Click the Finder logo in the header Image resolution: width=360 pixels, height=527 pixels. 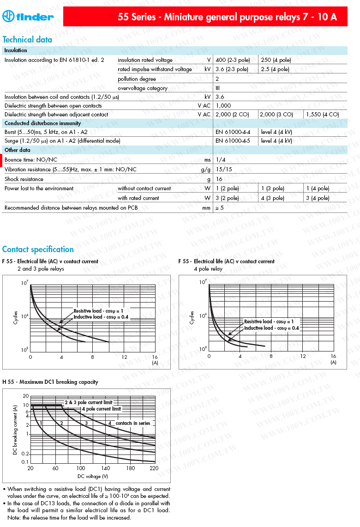click(x=28, y=17)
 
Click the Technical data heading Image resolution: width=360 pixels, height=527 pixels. click(x=27, y=40)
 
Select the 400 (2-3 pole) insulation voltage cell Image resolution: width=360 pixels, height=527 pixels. click(x=233, y=60)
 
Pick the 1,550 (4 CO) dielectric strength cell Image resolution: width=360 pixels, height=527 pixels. click(x=323, y=114)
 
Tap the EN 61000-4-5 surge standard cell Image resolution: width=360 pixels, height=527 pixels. click(x=233, y=141)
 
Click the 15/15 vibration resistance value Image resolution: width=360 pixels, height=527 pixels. click(x=224, y=170)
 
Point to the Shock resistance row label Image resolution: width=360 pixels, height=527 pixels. click(x=24, y=179)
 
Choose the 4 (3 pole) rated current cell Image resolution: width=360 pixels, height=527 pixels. click(x=273, y=198)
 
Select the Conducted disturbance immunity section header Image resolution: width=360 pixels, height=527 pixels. click(x=42, y=123)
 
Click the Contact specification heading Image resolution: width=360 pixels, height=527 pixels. click(x=38, y=249)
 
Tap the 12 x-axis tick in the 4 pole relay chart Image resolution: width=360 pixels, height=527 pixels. click(x=303, y=356)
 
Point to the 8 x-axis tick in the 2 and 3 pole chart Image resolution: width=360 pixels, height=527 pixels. click(x=92, y=357)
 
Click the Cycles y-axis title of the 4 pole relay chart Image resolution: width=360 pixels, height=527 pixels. click(x=192, y=317)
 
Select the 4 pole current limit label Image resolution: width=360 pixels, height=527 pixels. click(x=101, y=409)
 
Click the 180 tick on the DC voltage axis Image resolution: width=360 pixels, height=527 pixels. click(x=131, y=468)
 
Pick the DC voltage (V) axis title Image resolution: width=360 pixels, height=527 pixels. click(x=92, y=476)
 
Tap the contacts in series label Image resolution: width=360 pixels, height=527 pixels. click(x=133, y=423)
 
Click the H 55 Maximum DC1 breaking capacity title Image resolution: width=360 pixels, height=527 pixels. click(x=50, y=382)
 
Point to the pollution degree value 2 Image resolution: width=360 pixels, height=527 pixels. click(x=217, y=79)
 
